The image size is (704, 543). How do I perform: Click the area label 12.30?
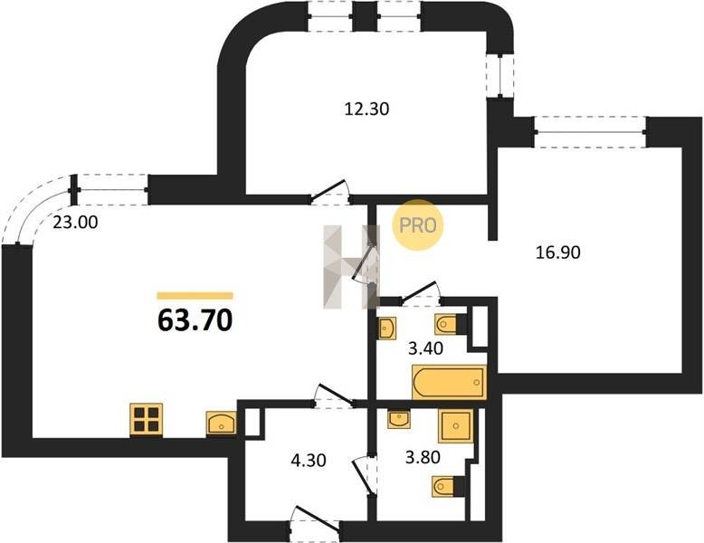click(x=366, y=110)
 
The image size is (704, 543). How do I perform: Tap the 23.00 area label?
click(x=75, y=223)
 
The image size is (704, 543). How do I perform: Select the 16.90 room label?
click(x=558, y=252)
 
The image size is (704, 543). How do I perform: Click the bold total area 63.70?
click(x=195, y=320)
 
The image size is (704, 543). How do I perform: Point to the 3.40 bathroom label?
click(x=425, y=348)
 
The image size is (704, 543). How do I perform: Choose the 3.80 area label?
click(x=423, y=458)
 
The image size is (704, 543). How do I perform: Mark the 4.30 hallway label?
click(x=308, y=461)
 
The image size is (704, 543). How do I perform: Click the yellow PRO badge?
click(x=417, y=225)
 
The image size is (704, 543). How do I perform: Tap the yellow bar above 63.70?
click(x=195, y=296)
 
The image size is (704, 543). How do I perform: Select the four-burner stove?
click(x=147, y=420)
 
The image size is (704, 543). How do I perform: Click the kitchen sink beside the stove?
click(x=221, y=423)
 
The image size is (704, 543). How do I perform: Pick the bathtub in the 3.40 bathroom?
click(x=450, y=382)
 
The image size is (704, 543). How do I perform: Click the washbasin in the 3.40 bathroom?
click(x=386, y=329)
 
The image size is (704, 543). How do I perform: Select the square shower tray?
click(x=456, y=425)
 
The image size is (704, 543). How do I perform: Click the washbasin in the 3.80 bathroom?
click(x=399, y=419)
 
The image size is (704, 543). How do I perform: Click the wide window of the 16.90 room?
click(x=590, y=132)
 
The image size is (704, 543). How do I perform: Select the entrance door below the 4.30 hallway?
click(x=314, y=523)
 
